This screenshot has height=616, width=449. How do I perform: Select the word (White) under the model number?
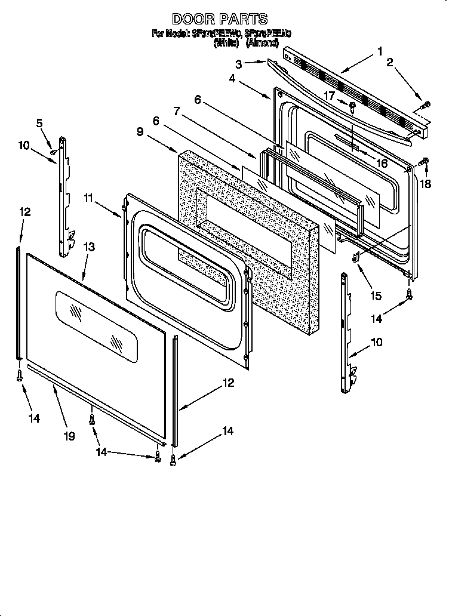(226, 43)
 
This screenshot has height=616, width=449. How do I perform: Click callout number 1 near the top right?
(380, 52)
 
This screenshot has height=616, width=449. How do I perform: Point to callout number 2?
(390, 62)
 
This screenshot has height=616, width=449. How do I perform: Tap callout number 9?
(139, 131)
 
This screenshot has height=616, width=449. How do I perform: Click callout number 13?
(88, 247)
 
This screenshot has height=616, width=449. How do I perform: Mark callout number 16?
(382, 163)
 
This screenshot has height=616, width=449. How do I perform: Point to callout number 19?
(69, 436)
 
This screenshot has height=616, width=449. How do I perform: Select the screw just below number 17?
(352, 108)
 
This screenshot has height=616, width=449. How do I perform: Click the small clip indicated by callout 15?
(356, 258)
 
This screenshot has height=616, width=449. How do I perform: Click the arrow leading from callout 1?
(359, 63)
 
